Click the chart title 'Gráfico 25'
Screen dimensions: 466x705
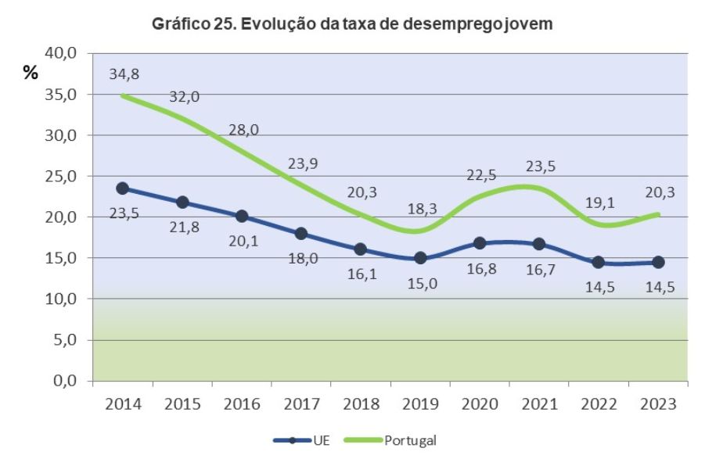coord(352,24)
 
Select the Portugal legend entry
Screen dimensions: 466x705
coord(400,439)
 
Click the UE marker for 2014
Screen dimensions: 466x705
coord(123,188)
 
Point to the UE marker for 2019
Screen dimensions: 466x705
coord(420,257)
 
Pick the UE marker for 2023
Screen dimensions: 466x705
coord(658,262)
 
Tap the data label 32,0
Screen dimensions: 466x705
coord(185,97)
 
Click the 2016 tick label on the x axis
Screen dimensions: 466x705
coord(242,403)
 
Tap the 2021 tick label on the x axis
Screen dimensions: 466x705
coord(539,403)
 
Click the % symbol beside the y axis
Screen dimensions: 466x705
coord(31,73)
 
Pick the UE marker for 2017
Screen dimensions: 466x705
coord(301,233)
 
